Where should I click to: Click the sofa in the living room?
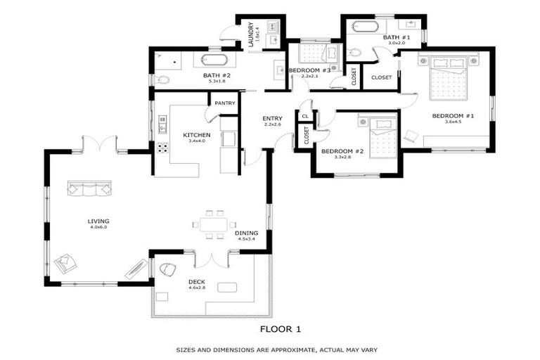click(x=89, y=188)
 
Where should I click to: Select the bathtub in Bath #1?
click(x=365, y=27)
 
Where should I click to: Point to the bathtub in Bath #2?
click(x=214, y=60)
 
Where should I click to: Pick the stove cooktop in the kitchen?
click(x=162, y=148)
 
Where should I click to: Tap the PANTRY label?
click(x=225, y=103)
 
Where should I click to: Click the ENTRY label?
click(x=273, y=118)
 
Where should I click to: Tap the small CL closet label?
click(x=305, y=116)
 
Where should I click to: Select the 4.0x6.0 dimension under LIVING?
click(x=98, y=228)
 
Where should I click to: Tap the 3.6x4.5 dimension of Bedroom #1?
click(x=453, y=122)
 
